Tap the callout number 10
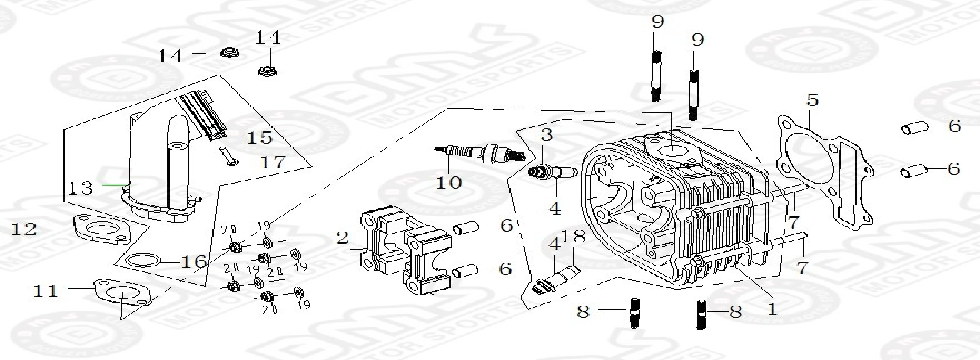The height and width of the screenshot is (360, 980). [x=449, y=182]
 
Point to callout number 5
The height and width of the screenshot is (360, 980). [x=813, y=100]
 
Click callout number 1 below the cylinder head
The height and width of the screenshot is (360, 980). [x=771, y=310]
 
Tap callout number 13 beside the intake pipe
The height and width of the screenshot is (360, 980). [x=81, y=187]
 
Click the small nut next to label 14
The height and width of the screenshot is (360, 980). [x=227, y=52]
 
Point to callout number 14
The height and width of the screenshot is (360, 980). [x=171, y=55]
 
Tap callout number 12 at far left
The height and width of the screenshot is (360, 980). [x=24, y=229]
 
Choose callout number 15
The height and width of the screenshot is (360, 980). [x=258, y=136]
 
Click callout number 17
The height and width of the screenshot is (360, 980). [x=258, y=160]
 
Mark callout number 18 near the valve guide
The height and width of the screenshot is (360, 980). [x=574, y=236]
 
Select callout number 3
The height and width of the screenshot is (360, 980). [x=547, y=134]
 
